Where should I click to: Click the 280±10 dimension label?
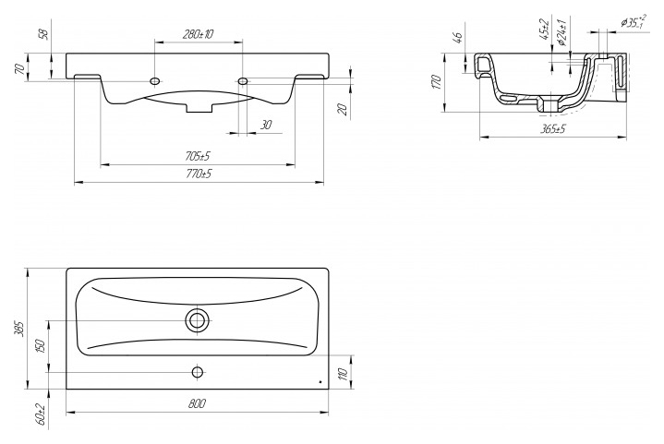pos(198,34)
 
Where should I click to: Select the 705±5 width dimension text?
pos(198,156)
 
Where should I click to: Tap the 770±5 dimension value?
pos(199,174)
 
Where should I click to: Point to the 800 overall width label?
pos(198,403)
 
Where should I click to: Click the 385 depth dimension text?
pos(18,329)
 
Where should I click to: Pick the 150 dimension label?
pos(41,346)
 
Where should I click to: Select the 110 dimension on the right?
pos(344,374)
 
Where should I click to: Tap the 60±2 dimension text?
pos(41,414)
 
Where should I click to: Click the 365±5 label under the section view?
pos(553,128)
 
